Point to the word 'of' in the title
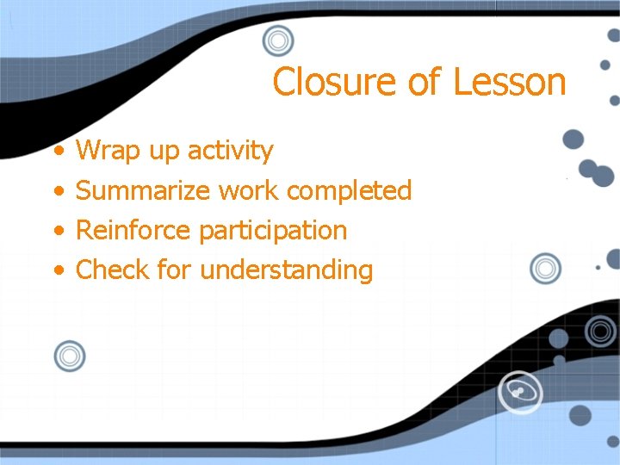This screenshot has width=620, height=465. (x=425, y=83)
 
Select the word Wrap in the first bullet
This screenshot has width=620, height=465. (x=108, y=151)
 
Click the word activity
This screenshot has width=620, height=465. (x=230, y=152)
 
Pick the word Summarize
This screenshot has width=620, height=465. (x=144, y=190)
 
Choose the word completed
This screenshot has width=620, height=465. (x=349, y=191)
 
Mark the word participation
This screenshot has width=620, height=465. (x=273, y=231)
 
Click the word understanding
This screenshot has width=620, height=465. (x=287, y=270)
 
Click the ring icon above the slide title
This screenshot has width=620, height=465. (x=278, y=40)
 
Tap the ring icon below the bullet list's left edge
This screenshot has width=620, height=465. (x=70, y=356)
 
